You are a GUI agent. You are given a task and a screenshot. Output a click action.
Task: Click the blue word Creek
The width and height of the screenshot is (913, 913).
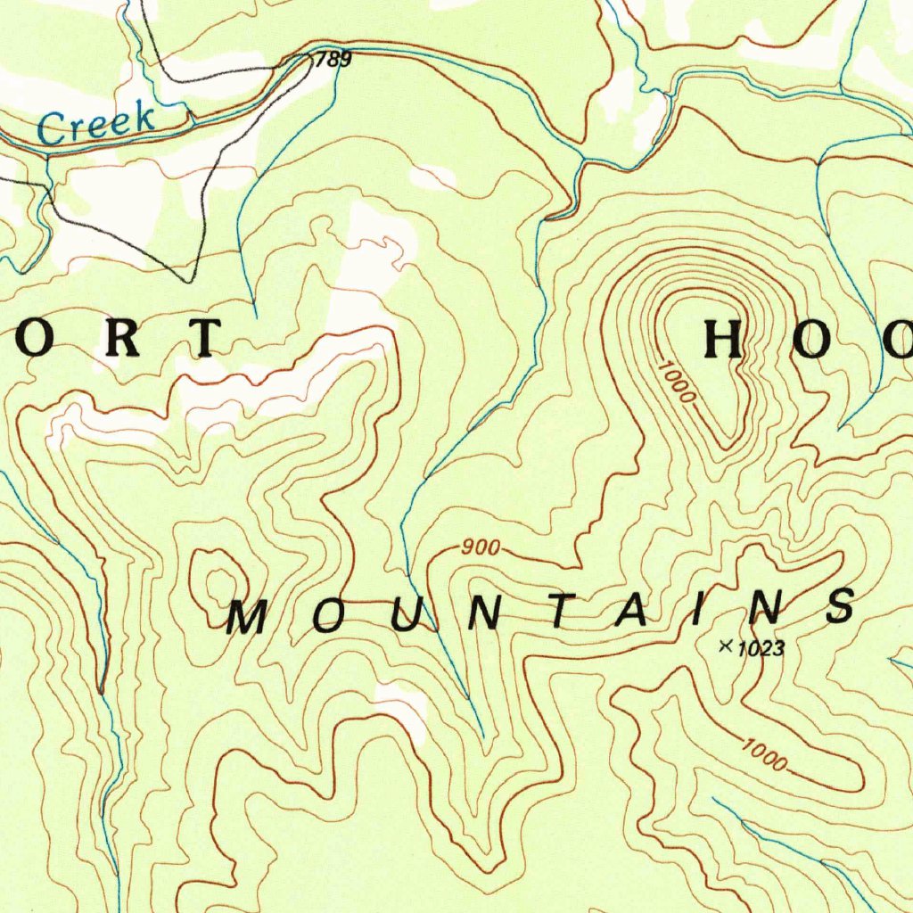[96, 125]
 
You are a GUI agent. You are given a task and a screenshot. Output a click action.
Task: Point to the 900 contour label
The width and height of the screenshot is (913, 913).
[481, 548]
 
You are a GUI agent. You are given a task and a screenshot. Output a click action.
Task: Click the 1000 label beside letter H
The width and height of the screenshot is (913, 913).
[678, 381]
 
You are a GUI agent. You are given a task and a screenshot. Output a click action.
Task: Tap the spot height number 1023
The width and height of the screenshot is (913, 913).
[761, 649]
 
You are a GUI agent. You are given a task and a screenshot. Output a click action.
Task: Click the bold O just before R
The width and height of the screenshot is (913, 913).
[39, 338]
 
